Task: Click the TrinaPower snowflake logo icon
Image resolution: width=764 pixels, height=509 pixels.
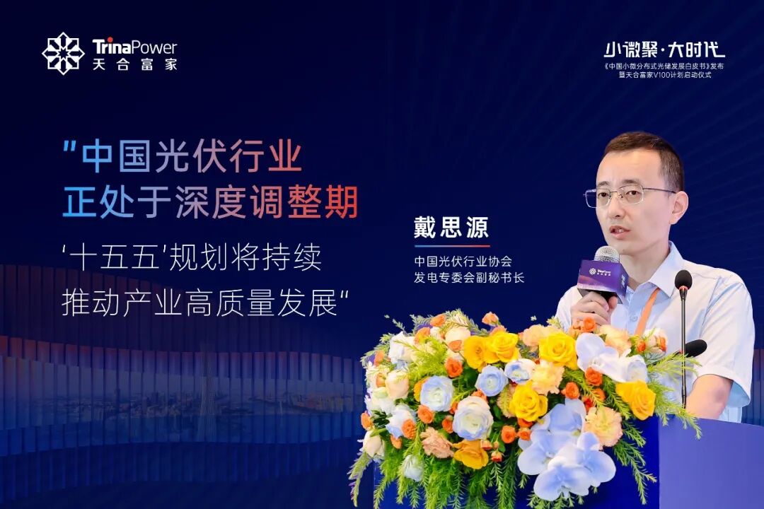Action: [x=64, y=53]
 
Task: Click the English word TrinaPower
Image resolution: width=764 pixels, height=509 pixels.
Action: [x=135, y=47]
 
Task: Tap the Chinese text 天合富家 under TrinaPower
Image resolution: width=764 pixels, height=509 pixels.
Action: [x=135, y=64]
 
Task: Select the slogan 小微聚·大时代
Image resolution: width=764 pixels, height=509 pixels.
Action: [x=664, y=49]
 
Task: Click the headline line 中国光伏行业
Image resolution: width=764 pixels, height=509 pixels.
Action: [x=192, y=156]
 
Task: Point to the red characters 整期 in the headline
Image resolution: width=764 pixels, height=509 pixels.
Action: [x=323, y=201]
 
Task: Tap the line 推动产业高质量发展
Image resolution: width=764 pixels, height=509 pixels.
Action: [x=199, y=303]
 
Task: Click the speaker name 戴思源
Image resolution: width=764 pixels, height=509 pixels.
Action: [x=451, y=227]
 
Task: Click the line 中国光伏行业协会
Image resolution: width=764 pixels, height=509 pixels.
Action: [x=463, y=262]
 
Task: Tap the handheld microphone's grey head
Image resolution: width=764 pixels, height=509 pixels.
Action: [x=607, y=255]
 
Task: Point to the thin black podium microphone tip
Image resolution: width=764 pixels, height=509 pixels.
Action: [x=683, y=279]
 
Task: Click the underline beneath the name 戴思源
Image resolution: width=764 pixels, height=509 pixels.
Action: [x=451, y=246]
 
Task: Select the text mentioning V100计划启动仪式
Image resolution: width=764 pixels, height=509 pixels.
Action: [x=665, y=75]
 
